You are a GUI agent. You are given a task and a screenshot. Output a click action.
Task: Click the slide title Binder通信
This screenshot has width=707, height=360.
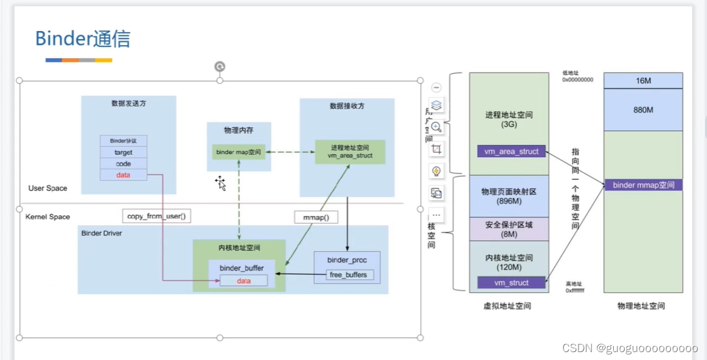pyautogui.click(x=82, y=38)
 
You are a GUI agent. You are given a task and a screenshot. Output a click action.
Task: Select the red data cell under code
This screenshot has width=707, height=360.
pyautogui.click(x=124, y=175)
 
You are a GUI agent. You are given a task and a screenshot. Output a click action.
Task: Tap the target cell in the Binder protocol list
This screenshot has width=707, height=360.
pyautogui.click(x=124, y=152)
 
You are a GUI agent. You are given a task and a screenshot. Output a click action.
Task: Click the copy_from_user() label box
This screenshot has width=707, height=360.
pyautogui.click(x=156, y=216)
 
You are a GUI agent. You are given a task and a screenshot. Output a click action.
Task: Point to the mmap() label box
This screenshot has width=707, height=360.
pyautogui.click(x=316, y=217)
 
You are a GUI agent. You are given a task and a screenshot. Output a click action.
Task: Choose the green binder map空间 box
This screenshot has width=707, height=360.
pyautogui.click(x=239, y=152)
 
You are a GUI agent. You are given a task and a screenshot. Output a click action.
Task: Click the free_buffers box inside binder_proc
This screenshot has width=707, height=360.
pyautogui.click(x=349, y=275)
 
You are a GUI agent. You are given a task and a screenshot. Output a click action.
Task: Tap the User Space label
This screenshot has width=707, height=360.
pyautogui.click(x=47, y=189)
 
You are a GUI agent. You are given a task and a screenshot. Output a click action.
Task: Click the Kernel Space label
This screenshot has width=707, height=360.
pyautogui.click(x=47, y=216)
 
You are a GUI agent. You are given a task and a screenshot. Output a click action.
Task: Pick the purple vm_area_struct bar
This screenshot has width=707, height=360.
pyautogui.click(x=512, y=151)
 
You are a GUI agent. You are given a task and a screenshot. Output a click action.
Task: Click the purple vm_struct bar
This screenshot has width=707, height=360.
pyautogui.click(x=511, y=283)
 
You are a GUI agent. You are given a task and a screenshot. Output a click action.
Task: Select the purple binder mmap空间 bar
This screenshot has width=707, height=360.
pyautogui.click(x=643, y=185)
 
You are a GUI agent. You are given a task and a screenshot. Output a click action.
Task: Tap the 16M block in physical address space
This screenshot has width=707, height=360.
pyautogui.click(x=643, y=80)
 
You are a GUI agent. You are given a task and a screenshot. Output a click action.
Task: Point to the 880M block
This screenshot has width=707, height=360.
pyautogui.click(x=643, y=110)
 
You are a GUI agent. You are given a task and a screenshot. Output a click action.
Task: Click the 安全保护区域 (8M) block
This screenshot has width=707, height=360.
pyautogui.click(x=509, y=229)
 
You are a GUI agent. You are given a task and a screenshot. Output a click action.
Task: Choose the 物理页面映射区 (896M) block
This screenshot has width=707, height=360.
pyautogui.click(x=509, y=196)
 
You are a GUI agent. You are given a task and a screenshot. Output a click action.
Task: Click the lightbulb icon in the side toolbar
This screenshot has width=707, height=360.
pyautogui.click(x=436, y=171)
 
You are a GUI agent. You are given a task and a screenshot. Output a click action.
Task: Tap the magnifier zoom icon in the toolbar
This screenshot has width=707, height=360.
pyautogui.click(x=436, y=127)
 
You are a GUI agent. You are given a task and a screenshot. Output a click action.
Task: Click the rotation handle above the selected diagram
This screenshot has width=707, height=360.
pyautogui.click(x=220, y=67)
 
